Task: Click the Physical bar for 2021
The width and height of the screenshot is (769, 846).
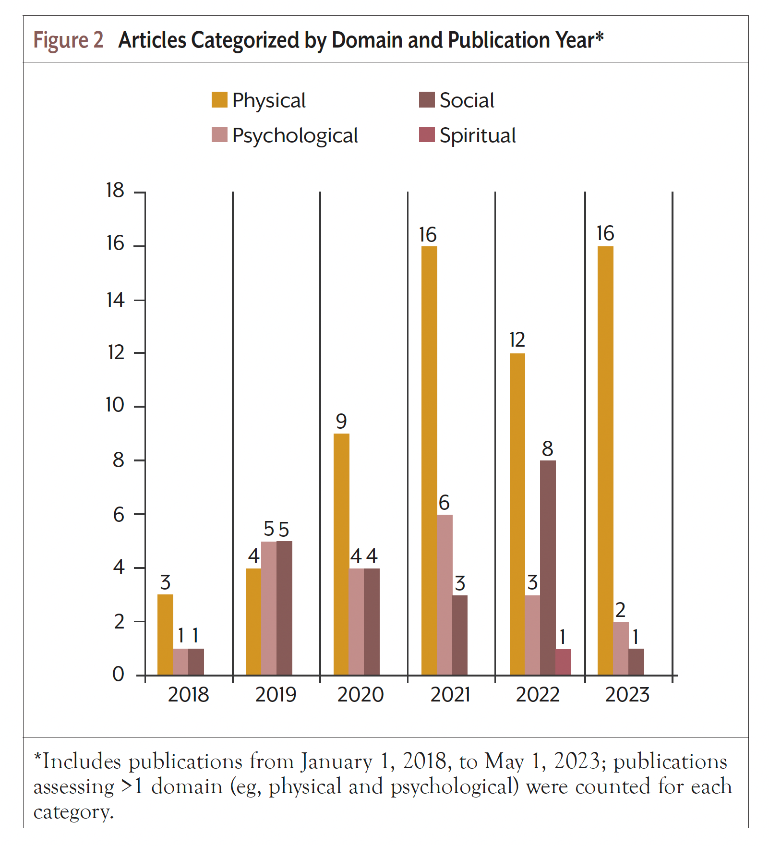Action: coord(429,460)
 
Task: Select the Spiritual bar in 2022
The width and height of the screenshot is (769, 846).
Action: coord(563,662)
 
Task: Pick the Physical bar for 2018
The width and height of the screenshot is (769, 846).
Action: coord(165,635)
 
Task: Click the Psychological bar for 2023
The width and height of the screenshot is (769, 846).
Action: coord(621,648)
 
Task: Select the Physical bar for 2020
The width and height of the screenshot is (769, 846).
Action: coord(341,554)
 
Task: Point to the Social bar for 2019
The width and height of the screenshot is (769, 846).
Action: coord(284,608)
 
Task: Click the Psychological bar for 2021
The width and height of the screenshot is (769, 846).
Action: coord(445,594)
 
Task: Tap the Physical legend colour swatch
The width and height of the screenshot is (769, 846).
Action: coord(219,100)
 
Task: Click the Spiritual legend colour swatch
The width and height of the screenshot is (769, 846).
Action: coord(427,135)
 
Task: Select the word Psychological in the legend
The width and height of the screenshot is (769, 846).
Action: coord(295,136)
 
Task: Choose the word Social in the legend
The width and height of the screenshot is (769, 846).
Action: coord(467,100)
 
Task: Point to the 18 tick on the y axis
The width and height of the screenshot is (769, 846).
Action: coord(115,191)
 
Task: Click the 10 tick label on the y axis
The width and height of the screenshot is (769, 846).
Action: coord(115,405)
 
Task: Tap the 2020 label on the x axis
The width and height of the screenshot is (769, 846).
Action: coord(360,695)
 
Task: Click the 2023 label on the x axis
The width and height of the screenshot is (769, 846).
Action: coord(627,695)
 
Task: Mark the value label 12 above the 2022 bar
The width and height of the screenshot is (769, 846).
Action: coord(517,340)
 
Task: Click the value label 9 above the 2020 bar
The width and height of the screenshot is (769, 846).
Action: coord(341,422)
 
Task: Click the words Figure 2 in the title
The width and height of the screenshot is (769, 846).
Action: coord(68,40)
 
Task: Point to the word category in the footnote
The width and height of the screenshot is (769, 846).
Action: coord(73,812)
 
